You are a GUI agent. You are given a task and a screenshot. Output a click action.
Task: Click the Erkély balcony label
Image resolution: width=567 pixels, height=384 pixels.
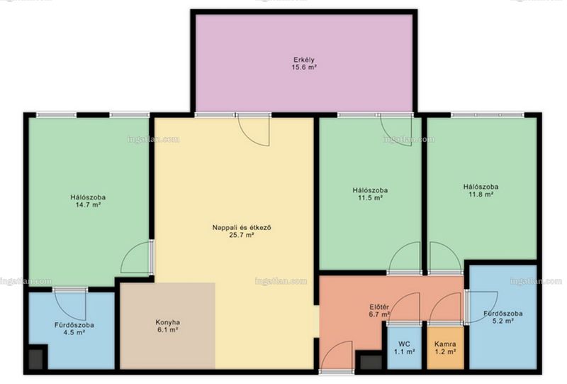tap(304, 60)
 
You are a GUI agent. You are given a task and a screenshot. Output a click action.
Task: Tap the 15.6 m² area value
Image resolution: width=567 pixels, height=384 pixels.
tap(304, 67)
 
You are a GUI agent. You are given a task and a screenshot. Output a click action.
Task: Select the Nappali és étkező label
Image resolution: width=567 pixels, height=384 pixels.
tap(242, 228)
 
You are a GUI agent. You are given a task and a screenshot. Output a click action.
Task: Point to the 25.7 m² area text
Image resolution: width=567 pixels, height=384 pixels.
tap(242, 235)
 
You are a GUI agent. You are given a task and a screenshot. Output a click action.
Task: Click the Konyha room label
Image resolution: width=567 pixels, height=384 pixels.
tap(168, 322)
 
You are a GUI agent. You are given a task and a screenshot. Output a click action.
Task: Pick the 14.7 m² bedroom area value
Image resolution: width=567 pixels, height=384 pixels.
tap(88, 204)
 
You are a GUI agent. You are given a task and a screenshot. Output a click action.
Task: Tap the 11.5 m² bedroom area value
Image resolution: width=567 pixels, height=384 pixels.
tap(370, 198)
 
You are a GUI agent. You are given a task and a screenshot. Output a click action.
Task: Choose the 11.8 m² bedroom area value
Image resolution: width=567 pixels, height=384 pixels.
tap(481, 194)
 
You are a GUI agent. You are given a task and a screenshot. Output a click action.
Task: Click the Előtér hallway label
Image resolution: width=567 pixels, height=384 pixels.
tap(379, 307)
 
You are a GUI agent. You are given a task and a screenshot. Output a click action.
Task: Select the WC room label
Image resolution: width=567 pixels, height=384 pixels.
tap(404, 344)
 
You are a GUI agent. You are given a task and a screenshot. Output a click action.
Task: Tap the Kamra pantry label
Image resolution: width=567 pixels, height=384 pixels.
tap(445, 344)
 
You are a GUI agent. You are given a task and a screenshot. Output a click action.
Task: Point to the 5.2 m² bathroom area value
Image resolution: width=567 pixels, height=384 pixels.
tap(503, 321)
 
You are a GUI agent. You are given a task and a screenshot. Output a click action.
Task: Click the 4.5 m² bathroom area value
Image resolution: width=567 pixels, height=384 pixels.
tap(74, 332)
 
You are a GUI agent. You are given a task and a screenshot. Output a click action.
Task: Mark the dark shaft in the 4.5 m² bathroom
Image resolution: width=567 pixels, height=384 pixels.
tap(36, 358)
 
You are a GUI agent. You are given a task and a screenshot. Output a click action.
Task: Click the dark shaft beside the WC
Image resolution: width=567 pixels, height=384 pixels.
tap(371, 362)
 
